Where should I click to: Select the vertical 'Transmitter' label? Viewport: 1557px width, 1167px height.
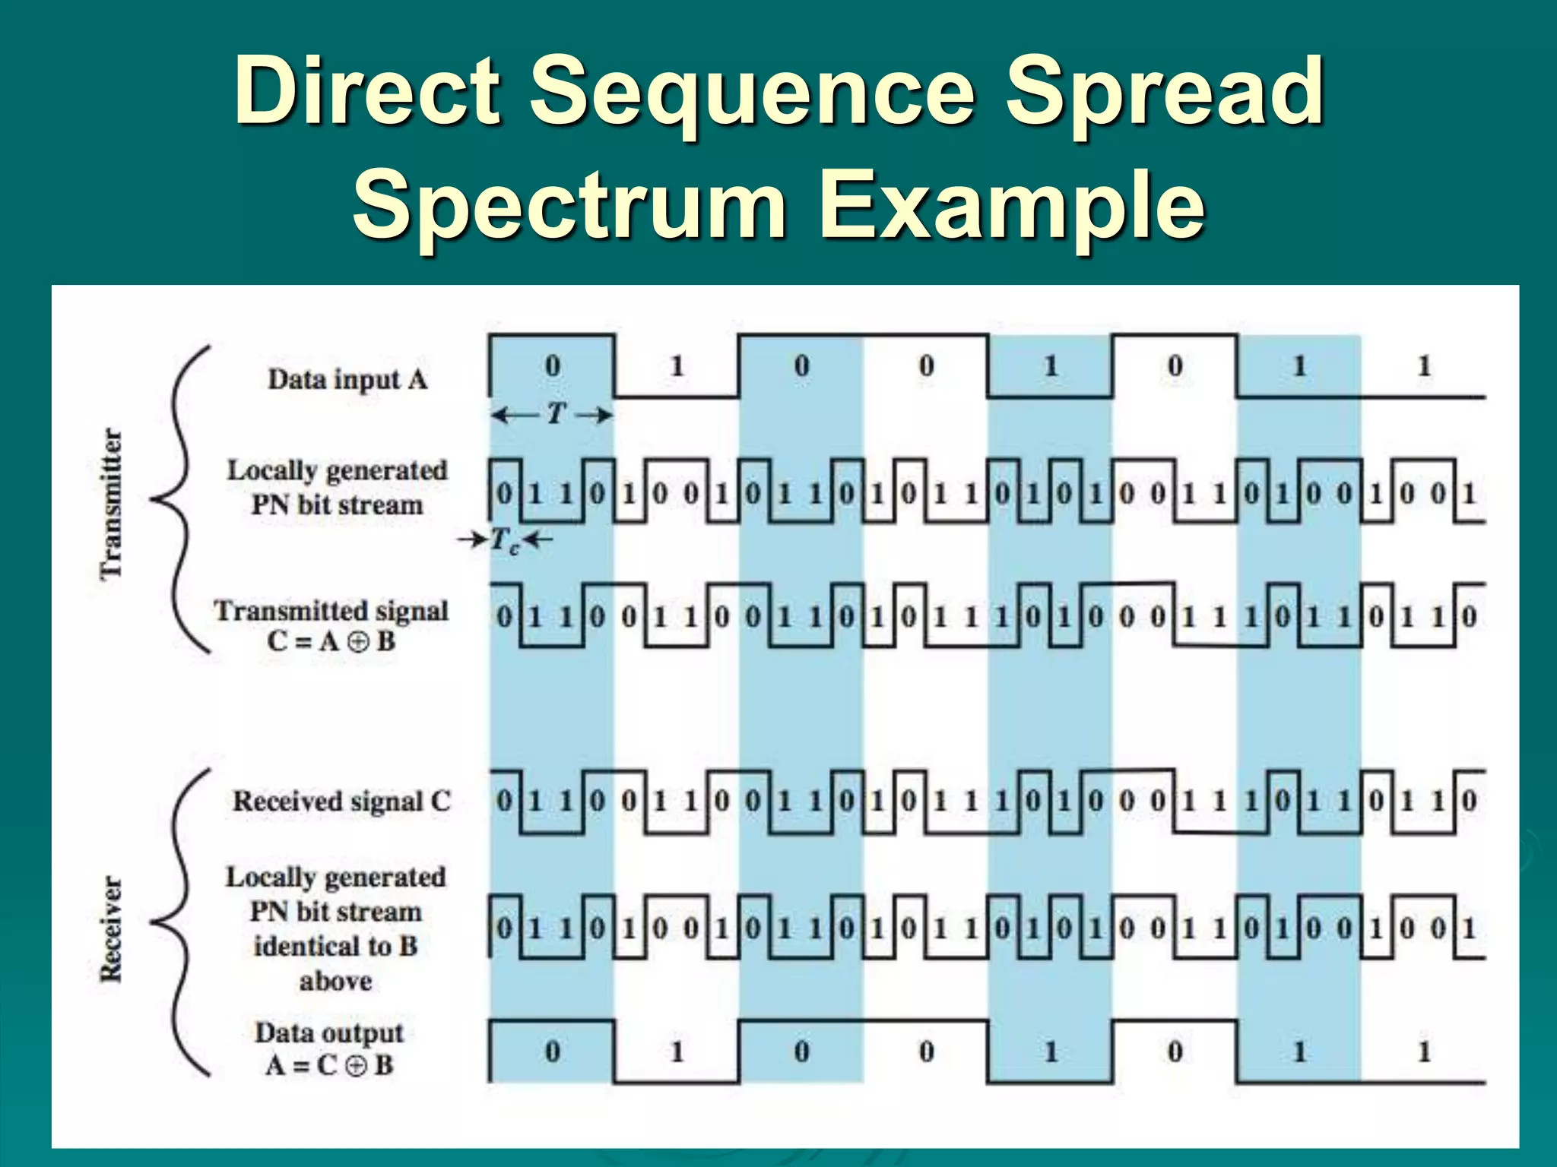point(112,504)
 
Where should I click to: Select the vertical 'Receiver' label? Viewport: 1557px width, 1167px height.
point(111,929)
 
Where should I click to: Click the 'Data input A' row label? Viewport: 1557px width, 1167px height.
point(347,379)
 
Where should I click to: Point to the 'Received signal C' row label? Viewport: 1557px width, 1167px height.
point(341,801)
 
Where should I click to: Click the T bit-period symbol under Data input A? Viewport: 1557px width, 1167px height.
point(556,414)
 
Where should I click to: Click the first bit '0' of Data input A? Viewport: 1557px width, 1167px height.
point(553,366)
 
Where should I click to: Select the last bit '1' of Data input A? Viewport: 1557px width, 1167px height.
point(1424,366)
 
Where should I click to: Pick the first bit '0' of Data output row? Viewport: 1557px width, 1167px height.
point(553,1052)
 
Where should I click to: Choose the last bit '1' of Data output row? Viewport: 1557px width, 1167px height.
point(1424,1052)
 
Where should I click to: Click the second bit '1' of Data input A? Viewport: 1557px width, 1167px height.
point(677,366)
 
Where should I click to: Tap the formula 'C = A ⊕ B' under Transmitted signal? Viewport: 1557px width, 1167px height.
point(331,641)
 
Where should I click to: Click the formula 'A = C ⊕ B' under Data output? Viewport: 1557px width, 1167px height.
point(329,1065)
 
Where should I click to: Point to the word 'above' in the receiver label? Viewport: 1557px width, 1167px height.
point(335,981)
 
